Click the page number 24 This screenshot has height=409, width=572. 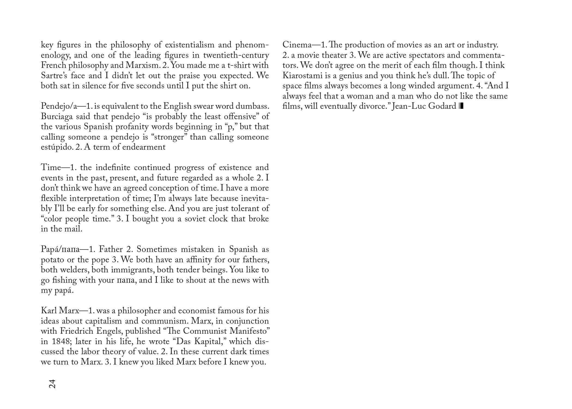coord(52,384)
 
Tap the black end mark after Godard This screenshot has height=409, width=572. coord(461,106)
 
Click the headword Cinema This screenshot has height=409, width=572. coord(297,45)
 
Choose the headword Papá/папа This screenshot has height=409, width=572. coord(60,249)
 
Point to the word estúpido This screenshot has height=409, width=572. coord(57,147)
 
